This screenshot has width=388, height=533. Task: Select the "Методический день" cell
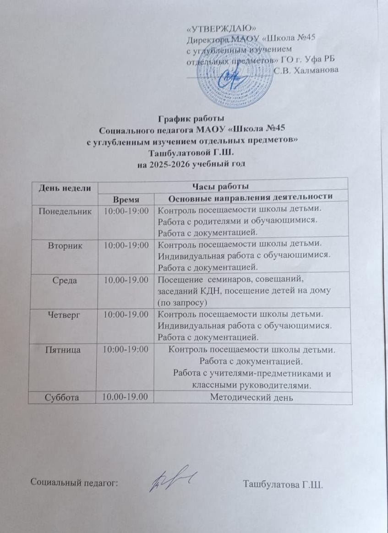(x=251, y=397)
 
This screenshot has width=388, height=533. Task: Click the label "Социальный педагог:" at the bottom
(x=74, y=482)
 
